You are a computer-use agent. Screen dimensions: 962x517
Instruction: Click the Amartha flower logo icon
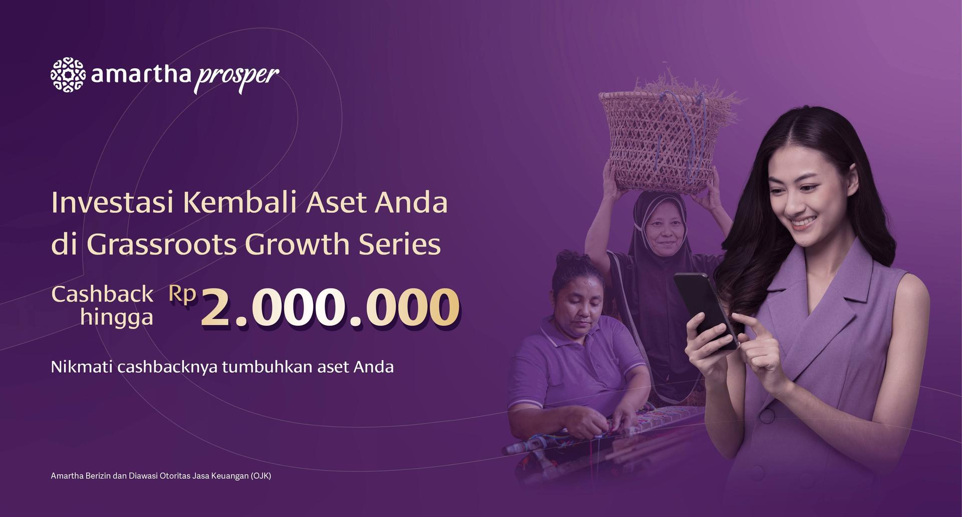click(x=68, y=75)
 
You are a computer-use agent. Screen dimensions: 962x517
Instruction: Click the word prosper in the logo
click(x=236, y=78)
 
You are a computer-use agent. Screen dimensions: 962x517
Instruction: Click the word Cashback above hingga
click(x=102, y=294)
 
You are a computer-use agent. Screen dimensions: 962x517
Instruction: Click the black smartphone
click(x=705, y=311)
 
